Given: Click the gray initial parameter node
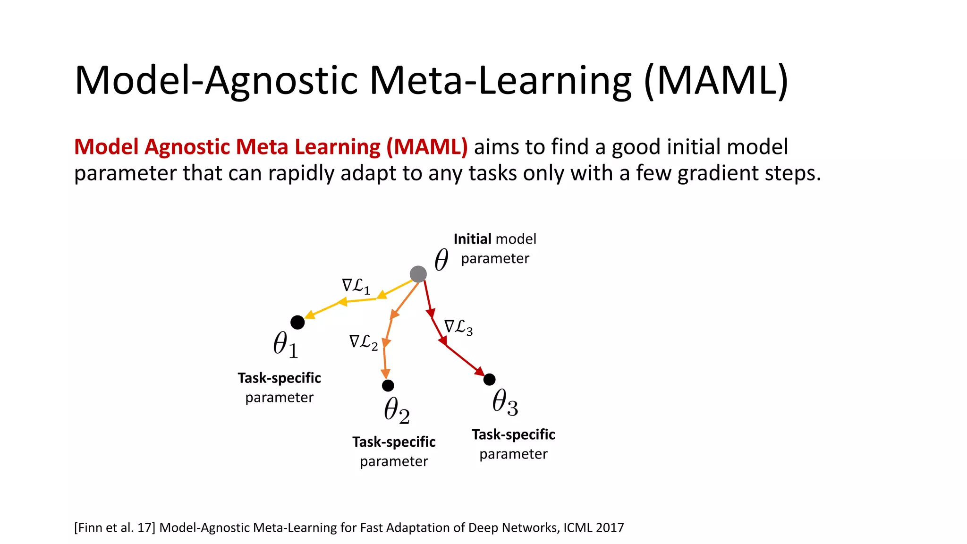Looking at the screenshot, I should click(418, 274).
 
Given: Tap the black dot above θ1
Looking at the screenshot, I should click(297, 323).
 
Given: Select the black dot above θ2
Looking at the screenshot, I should click(388, 386).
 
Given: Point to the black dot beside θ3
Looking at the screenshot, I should click(490, 379).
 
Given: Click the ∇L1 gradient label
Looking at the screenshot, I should click(356, 286).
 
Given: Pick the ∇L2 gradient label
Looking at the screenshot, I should click(364, 342).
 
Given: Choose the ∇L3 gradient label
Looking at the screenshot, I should click(458, 327).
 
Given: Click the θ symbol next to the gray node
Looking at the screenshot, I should click(441, 260).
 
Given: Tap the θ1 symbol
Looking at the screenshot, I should click(286, 344).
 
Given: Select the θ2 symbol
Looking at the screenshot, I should click(397, 410).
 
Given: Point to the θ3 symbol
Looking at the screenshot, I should click(505, 402).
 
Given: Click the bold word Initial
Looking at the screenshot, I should click(472, 239).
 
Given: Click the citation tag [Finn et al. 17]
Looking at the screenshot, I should click(115, 527).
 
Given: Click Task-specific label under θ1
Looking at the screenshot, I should click(279, 378).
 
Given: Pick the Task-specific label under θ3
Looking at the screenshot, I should click(513, 434).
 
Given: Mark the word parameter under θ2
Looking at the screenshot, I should click(394, 461).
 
